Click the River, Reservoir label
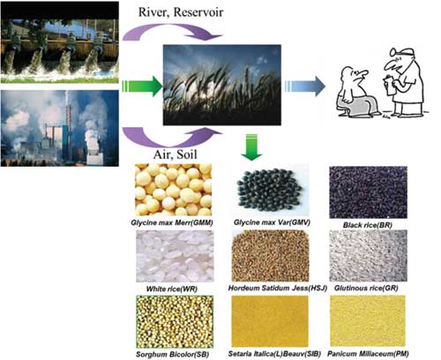tap(181, 12)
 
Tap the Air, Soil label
tap(176, 154)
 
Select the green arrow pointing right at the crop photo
tap(142, 86)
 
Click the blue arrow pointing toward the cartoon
tap(304, 86)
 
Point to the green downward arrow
tap(251, 147)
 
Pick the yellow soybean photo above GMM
tap(174, 190)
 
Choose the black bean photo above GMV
tap(270, 191)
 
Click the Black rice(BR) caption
tap(368, 225)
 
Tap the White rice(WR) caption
tap(172, 289)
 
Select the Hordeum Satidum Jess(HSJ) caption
tap(278, 288)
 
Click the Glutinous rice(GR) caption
tap(366, 288)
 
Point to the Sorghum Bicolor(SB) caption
tap(173, 355)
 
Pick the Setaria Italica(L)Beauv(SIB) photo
tap(270, 321)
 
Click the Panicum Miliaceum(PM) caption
tap(368, 354)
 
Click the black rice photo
tap(368, 192)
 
